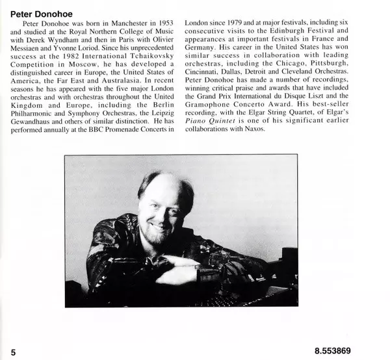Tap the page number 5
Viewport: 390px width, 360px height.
13,351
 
